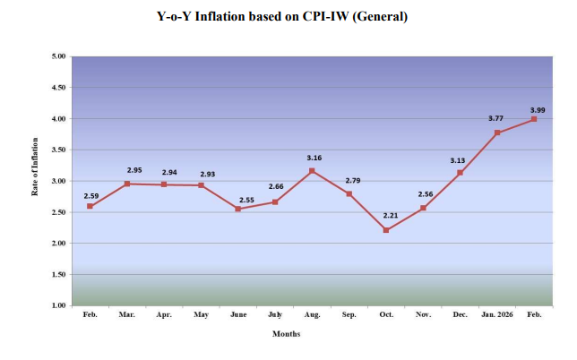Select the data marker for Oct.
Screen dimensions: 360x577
coord(386,230)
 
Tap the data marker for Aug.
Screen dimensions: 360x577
coord(312,171)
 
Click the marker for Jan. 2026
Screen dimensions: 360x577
coord(497,133)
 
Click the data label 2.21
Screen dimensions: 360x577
coord(386,217)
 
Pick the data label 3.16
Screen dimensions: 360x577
coord(314,158)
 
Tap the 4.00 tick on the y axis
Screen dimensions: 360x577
coord(58,119)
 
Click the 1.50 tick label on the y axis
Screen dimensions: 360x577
coord(58,275)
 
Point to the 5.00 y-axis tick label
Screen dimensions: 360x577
coord(58,56)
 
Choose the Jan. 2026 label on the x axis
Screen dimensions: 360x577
coord(496,316)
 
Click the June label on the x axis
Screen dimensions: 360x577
coord(237,316)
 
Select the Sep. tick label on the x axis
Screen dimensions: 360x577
coord(349,316)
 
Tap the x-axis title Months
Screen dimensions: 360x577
coord(287,334)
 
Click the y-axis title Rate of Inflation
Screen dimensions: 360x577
coord(35,180)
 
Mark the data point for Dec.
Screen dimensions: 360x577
coord(460,173)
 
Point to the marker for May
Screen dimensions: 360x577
coord(201,185)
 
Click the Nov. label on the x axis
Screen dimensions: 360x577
coord(423,316)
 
